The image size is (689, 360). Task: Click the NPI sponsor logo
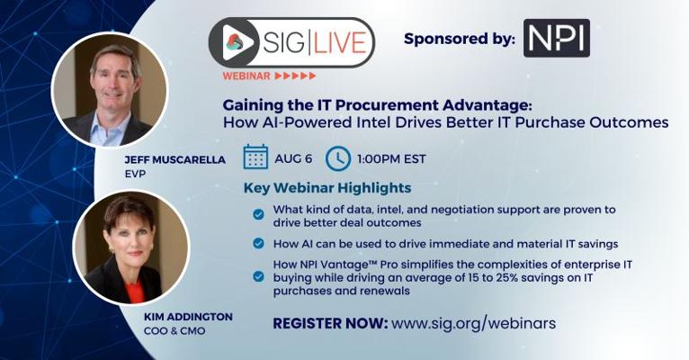pyautogui.click(x=556, y=38)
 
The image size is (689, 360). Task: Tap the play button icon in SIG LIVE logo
pyautogui.click(x=238, y=42)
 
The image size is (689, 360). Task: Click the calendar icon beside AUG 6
pyautogui.click(x=255, y=157)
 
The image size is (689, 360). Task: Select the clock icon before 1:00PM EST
pyautogui.click(x=338, y=158)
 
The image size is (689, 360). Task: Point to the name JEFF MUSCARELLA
pyautogui.click(x=174, y=159)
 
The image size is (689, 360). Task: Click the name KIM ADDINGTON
pyautogui.click(x=188, y=317)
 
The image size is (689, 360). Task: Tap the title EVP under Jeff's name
pyautogui.click(x=135, y=174)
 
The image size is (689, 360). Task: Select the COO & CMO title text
pyautogui.click(x=174, y=330)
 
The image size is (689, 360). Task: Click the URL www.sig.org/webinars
pyautogui.click(x=474, y=323)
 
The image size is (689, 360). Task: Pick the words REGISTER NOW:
pyautogui.click(x=330, y=323)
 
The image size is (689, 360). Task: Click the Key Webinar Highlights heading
pyautogui.click(x=327, y=188)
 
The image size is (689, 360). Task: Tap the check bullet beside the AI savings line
pyautogui.click(x=258, y=243)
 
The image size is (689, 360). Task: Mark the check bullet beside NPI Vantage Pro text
pyautogui.click(x=258, y=276)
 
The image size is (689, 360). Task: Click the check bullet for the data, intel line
pyautogui.click(x=258, y=214)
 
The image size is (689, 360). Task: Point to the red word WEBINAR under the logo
pyautogui.click(x=246, y=76)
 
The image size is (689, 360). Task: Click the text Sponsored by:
pyautogui.click(x=460, y=39)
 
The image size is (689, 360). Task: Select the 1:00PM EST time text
pyautogui.click(x=391, y=158)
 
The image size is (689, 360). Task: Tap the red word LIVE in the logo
pyautogui.click(x=339, y=42)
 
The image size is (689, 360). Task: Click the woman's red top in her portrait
pyautogui.click(x=135, y=292)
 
